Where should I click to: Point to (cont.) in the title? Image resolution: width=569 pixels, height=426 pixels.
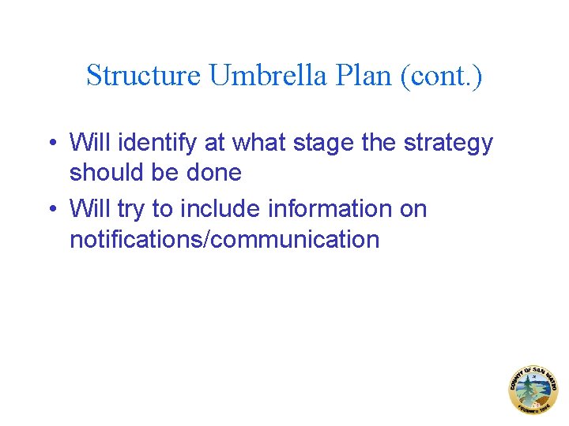coord(443,76)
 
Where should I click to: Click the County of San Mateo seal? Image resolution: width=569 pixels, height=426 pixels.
coord(533,390)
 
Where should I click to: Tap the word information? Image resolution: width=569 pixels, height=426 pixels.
coord(333,209)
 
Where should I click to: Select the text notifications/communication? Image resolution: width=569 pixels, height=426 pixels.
coord(224,239)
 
